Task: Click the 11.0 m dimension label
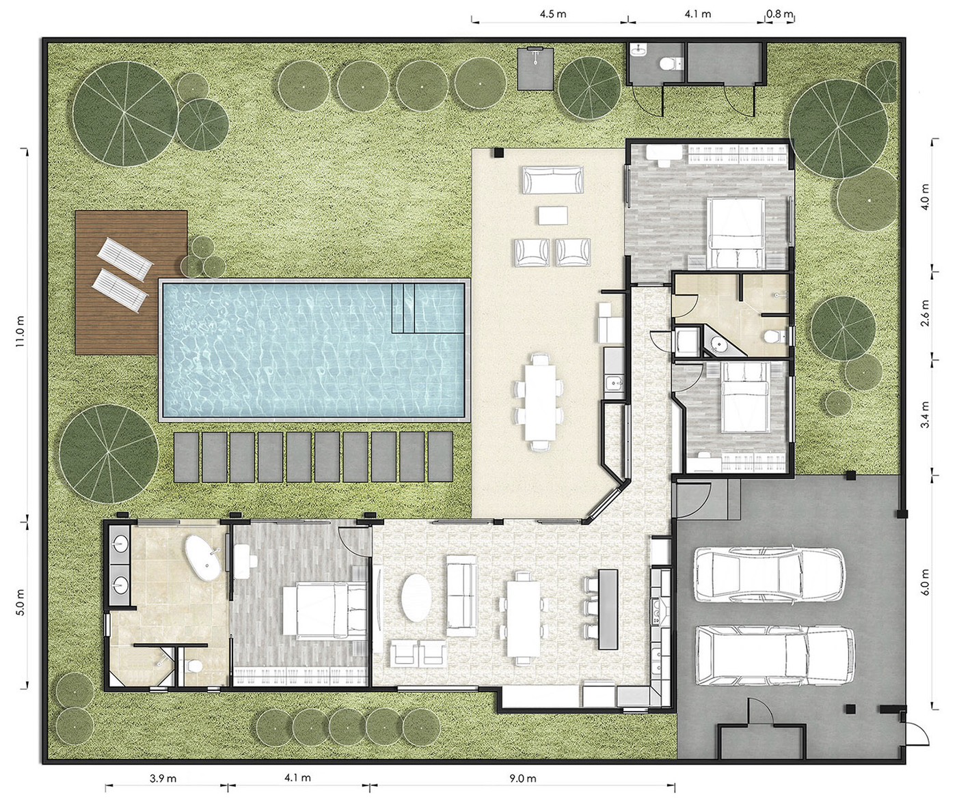click(x=21, y=331)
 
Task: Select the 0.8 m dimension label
click(x=780, y=14)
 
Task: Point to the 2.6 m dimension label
click(x=926, y=313)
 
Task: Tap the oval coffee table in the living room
click(x=416, y=598)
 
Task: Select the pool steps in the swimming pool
click(x=403, y=308)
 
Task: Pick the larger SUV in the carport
click(x=775, y=656)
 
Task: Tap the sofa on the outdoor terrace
click(x=553, y=180)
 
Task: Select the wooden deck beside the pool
click(x=131, y=282)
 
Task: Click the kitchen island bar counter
click(x=608, y=608)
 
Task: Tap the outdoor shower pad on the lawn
click(x=535, y=69)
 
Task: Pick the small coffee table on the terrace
click(x=553, y=216)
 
